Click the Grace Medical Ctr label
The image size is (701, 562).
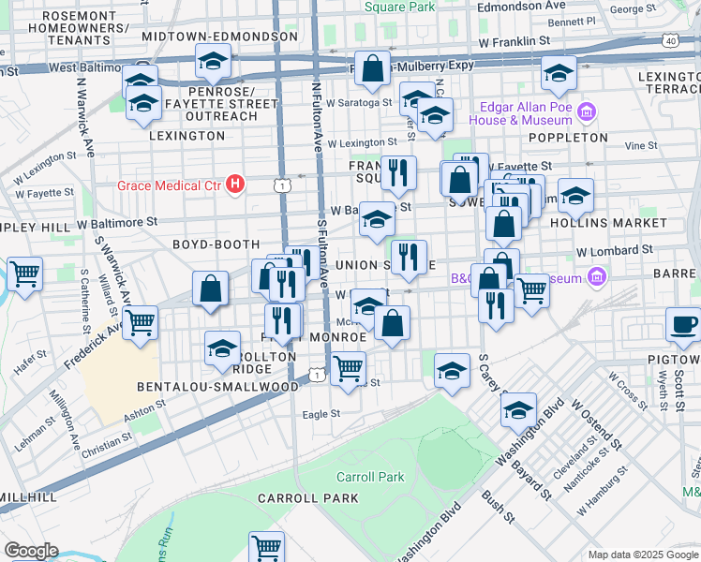click(x=169, y=185)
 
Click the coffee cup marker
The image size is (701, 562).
click(x=682, y=325)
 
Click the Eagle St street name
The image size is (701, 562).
click(x=321, y=413)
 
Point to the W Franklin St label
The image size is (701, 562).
click(x=513, y=42)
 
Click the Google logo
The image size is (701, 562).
click(x=31, y=550)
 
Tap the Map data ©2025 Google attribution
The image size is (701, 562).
click(x=643, y=555)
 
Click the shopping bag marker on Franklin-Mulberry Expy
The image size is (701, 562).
click(x=373, y=67)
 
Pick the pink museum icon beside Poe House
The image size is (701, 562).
click(x=588, y=113)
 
